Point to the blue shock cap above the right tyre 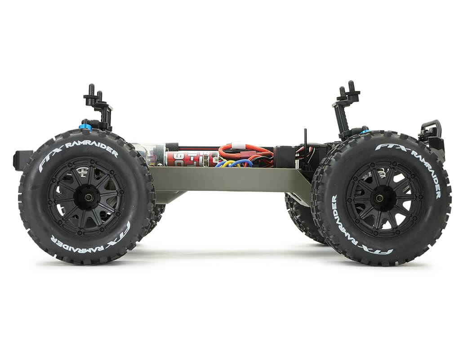click(364, 131)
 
